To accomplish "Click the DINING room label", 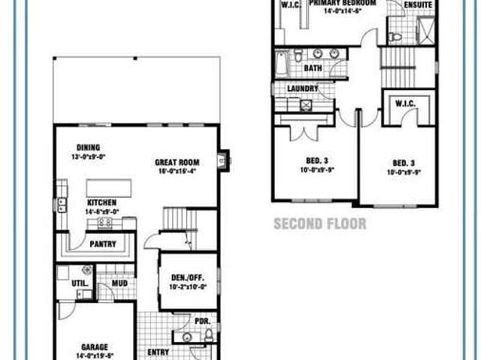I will point(89,148).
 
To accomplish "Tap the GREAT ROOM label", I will point(177,162).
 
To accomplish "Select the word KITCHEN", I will point(102,203).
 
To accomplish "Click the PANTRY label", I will point(102,244).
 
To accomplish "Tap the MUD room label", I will point(119,283).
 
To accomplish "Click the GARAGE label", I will point(95,347).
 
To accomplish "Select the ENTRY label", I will point(159,352).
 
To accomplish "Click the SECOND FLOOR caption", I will point(320,223).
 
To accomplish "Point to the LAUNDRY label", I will point(302,88).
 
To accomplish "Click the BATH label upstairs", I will point(313,68).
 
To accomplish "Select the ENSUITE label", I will point(418,5).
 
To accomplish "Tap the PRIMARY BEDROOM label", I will point(340,3).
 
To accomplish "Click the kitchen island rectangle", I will point(109,188).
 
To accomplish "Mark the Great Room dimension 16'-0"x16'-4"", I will point(177,171).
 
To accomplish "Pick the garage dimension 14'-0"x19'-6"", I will point(95,356).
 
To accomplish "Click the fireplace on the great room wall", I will point(223,160).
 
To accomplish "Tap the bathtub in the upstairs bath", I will point(281,64).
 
